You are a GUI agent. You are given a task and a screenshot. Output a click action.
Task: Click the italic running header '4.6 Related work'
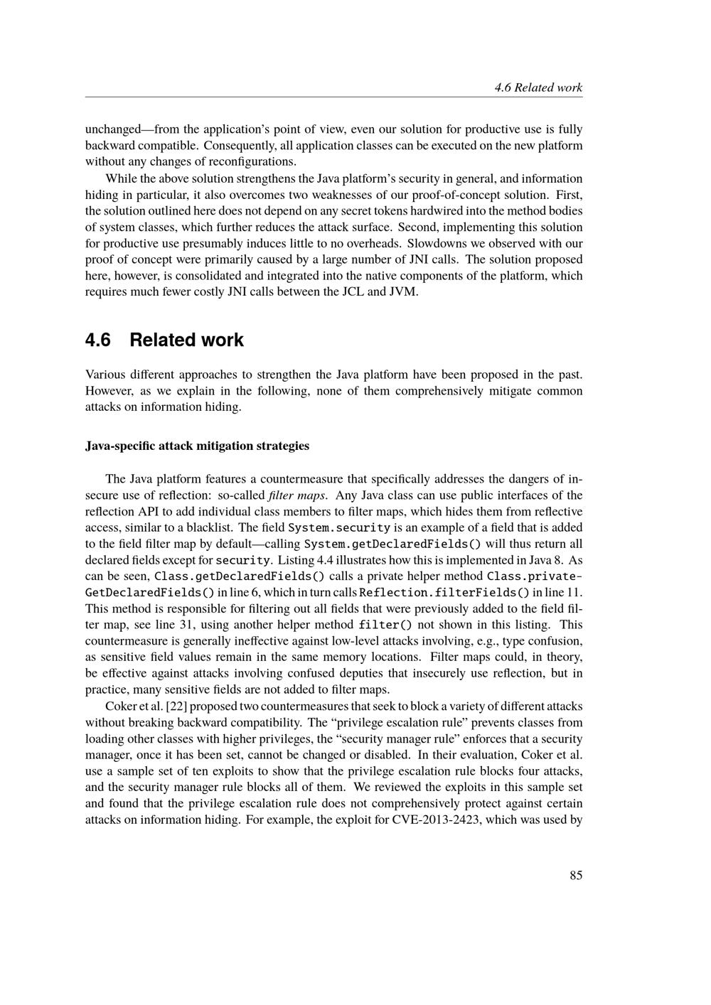(538, 88)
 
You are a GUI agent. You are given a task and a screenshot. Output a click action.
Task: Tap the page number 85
(575, 876)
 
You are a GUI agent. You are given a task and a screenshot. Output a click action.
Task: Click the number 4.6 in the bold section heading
(98, 340)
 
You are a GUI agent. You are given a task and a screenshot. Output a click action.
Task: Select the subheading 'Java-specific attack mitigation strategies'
(197, 446)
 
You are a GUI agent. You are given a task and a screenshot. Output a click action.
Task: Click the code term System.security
(339, 528)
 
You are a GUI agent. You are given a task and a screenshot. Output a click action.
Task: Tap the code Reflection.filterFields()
(444, 593)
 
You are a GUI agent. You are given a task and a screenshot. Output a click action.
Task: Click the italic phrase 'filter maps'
(297, 495)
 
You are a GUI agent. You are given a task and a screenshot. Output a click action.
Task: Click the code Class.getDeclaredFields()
(240, 576)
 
